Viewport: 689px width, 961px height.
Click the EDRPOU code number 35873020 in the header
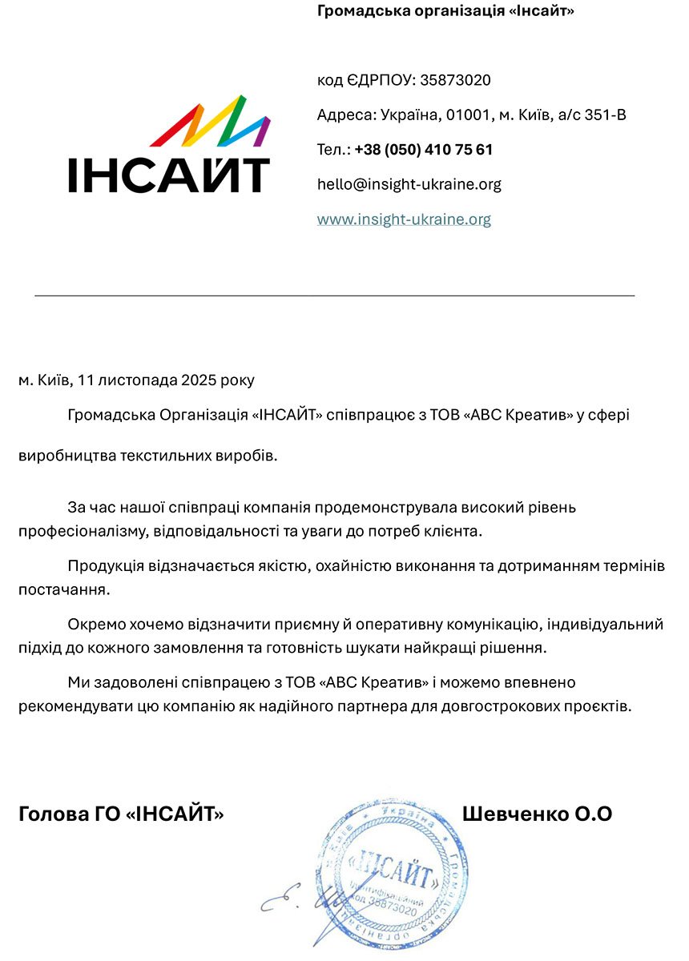[x=455, y=81]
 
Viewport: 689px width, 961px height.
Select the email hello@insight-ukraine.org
[x=409, y=184]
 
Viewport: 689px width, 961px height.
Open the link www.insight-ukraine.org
[x=404, y=219]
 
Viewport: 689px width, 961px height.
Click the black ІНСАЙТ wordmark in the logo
[x=168, y=175]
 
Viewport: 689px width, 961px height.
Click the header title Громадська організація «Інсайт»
[x=445, y=11]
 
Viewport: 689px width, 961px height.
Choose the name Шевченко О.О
[x=537, y=814]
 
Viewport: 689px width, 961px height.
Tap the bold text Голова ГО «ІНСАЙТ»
[x=121, y=814]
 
